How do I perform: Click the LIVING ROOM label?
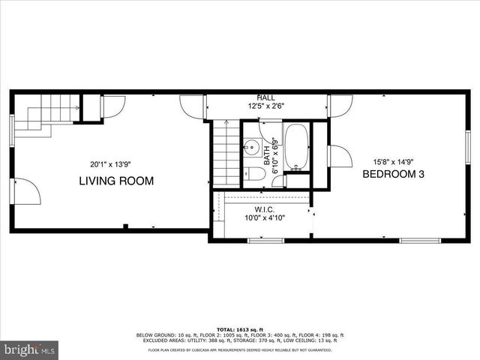(x=117, y=181)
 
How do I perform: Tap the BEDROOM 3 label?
(x=394, y=174)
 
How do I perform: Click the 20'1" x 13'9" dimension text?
(x=110, y=164)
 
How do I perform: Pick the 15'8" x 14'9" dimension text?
(x=394, y=161)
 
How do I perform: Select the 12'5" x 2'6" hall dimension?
(x=265, y=106)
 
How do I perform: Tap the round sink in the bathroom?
(x=253, y=147)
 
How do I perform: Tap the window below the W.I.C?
(x=265, y=241)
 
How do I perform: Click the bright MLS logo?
(x=30, y=349)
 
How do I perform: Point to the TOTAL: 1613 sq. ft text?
(x=239, y=329)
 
